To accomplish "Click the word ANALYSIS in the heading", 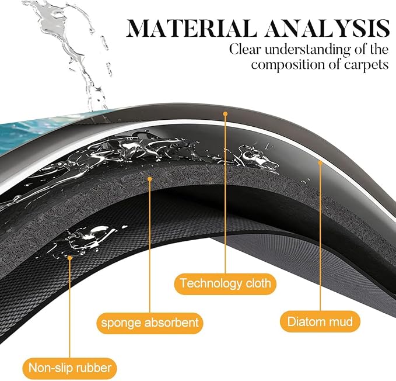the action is (x=327, y=28).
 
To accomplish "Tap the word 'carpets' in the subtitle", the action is (x=366, y=65).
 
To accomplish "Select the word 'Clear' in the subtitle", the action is (x=244, y=49).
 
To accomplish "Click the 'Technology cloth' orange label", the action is (x=225, y=283).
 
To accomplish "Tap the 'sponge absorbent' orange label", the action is (x=150, y=323).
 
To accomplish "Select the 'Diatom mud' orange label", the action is (x=320, y=321).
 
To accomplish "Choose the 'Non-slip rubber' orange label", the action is (x=70, y=368).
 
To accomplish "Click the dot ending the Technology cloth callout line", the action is (x=225, y=114).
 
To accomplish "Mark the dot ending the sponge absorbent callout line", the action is (x=149, y=179).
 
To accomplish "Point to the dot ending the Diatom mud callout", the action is (x=320, y=163).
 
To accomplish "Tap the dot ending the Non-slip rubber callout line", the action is (x=70, y=258).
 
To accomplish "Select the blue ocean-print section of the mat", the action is (x=38, y=131).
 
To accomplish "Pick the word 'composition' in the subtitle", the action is (x=288, y=65).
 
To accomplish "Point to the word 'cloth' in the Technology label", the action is (x=258, y=283).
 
